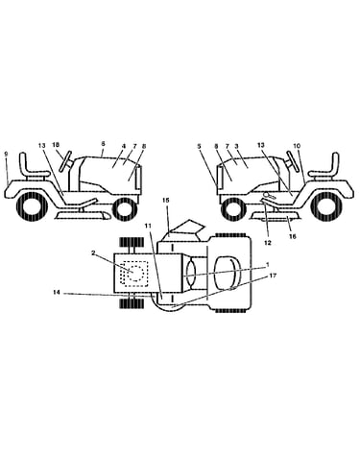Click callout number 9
(x=6, y=154)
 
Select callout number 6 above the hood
(x=103, y=144)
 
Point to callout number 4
(x=124, y=146)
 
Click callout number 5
(x=199, y=146)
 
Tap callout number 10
(x=297, y=146)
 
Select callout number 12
(x=268, y=243)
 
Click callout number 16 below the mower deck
(x=292, y=236)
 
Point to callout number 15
(x=165, y=200)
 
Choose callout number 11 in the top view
(x=148, y=226)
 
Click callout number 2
(x=93, y=252)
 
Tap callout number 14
(x=57, y=292)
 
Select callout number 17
(x=273, y=276)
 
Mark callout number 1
(x=268, y=265)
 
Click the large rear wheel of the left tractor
(x=32, y=208)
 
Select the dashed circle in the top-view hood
(x=135, y=273)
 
